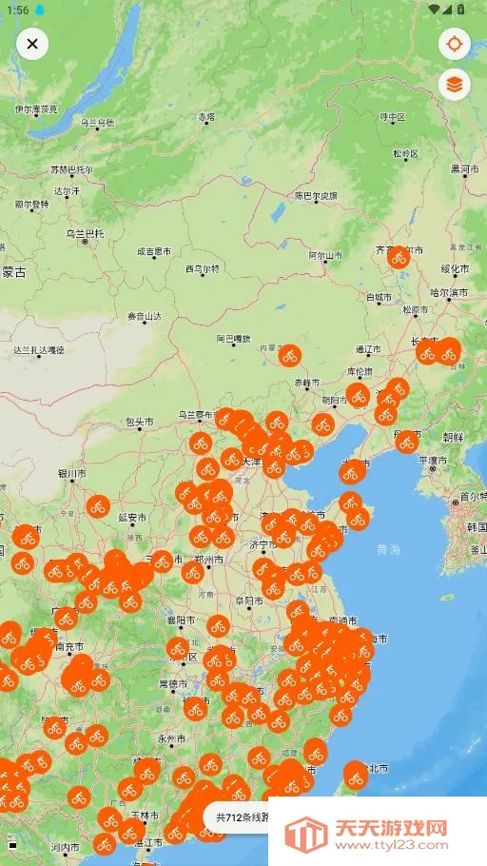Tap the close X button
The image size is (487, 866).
point(32,44)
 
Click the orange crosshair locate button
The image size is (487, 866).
point(455,44)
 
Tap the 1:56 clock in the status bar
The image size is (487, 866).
point(16,9)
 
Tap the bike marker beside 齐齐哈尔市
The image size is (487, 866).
point(399,257)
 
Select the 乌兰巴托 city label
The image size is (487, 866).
point(85,233)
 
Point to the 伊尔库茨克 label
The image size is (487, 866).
point(37,109)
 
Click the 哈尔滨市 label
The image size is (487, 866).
point(449,292)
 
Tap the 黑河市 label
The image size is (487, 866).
point(464,168)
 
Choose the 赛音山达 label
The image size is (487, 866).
point(145,316)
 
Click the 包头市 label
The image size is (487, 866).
point(139,422)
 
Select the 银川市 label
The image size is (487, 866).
point(71,473)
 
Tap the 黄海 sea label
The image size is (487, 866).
point(388,550)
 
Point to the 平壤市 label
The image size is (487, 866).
point(434,461)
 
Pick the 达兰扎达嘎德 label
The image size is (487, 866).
point(39,350)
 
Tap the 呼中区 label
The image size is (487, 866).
point(393,117)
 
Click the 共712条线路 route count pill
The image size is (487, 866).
point(243,817)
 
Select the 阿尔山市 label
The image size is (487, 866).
point(324,255)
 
